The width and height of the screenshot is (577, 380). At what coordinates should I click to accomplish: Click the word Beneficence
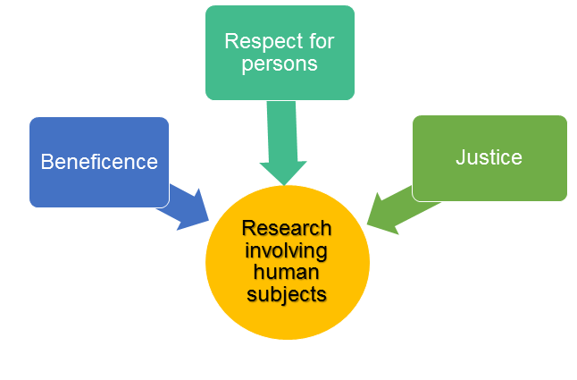99,162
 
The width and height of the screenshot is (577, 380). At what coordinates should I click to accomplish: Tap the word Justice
489,157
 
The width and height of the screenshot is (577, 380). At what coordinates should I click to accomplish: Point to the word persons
279,63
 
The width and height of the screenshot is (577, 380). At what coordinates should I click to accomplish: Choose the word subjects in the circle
287,292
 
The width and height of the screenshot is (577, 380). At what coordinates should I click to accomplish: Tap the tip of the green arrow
367,224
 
